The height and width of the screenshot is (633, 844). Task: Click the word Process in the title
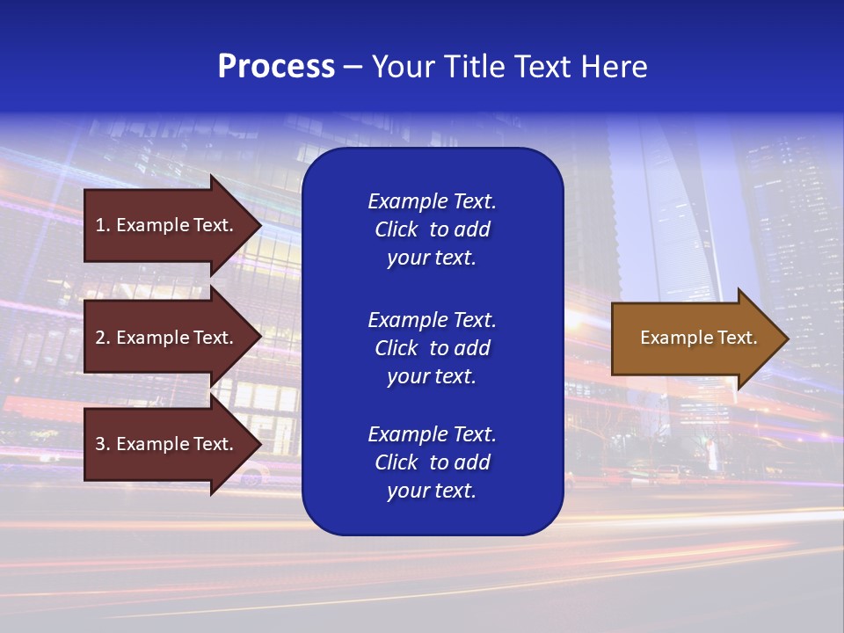[276, 67]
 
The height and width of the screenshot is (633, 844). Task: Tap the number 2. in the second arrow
[103, 338]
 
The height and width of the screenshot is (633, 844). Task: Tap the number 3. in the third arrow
[103, 444]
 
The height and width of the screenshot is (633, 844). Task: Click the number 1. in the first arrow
[103, 225]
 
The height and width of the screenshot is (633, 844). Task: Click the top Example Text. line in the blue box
[432, 201]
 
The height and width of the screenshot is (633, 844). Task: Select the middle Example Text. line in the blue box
[432, 319]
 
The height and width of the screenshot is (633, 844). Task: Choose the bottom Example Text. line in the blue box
[432, 434]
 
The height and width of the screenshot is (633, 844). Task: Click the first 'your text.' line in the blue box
[432, 258]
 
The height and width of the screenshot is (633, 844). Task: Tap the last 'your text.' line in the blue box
[432, 491]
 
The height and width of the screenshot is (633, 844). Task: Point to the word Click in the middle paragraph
[396, 348]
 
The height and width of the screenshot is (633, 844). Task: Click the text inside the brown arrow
[698, 338]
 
